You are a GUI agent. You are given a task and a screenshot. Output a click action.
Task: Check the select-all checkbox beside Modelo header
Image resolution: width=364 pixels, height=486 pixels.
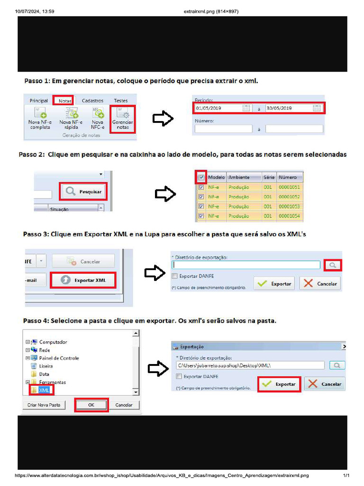pyautogui.click(x=201, y=177)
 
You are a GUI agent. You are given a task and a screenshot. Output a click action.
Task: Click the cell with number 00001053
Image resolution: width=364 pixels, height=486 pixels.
pyautogui.click(x=289, y=206)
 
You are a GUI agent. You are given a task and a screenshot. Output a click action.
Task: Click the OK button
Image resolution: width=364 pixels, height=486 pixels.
pyautogui.click(x=91, y=405)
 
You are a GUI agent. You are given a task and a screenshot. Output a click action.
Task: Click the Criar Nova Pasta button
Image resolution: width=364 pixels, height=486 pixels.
pyautogui.click(x=43, y=405)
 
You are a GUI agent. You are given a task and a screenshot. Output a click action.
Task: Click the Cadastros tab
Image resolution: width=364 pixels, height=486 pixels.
pyautogui.click(x=92, y=101)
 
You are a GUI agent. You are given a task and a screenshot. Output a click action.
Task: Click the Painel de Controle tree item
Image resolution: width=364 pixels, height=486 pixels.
pyautogui.click(x=59, y=358)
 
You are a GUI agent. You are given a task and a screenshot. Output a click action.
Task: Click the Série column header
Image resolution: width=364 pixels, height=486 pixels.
pyautogui.click(x=269, y=177)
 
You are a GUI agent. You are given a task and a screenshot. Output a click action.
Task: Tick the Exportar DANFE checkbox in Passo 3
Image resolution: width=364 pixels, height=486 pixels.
pyautogui.click(x=175, y=276)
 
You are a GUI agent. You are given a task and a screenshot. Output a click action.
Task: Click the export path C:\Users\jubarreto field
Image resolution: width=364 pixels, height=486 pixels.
pyautogui.click(x=249, y=365)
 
